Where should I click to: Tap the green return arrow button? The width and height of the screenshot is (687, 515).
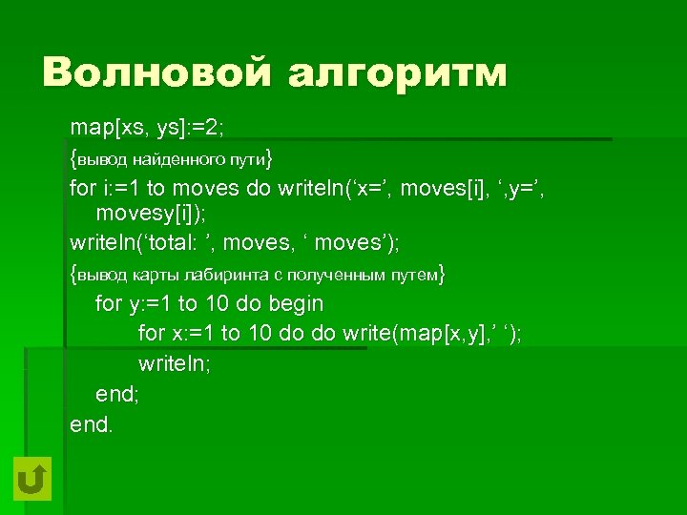32,478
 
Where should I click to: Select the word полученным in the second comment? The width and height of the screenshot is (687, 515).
327,276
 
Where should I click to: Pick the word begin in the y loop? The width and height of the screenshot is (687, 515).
296,304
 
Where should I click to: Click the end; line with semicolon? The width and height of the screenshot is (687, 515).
116,394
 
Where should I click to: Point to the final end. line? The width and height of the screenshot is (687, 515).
92,423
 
